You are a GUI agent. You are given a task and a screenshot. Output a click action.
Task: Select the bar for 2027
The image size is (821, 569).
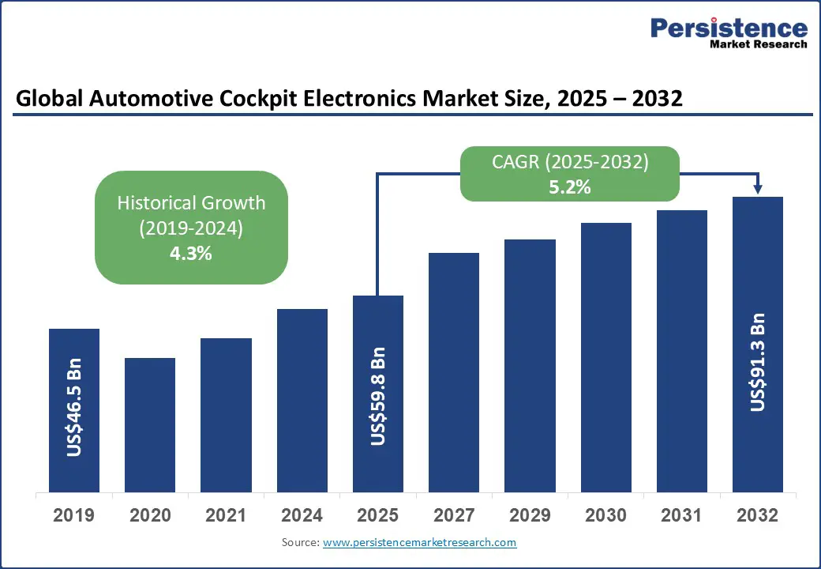click(454, 372)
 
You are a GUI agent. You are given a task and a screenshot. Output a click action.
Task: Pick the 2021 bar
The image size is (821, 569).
click(226, 415)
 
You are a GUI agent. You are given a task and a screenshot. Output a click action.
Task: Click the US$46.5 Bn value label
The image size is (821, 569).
click(74, 409)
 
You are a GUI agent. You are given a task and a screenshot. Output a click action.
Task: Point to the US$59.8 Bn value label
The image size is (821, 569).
click(378, 396)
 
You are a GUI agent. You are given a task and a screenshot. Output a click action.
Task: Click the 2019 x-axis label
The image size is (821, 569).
click(74, 516)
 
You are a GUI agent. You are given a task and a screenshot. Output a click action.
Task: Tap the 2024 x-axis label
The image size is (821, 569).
click(302, 516)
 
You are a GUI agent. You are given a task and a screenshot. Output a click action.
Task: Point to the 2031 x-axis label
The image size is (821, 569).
click(682, 516)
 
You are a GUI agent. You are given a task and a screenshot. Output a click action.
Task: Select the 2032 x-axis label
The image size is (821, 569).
click(758, 516)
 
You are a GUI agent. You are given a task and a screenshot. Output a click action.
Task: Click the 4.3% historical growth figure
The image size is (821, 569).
click(191, 254)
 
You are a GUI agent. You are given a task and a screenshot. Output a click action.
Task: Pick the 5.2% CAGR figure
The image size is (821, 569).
click(569, 188)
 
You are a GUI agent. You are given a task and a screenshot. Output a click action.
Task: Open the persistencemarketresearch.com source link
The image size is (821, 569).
click(419, 543)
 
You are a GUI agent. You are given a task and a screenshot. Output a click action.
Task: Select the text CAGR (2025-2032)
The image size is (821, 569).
click(569, 163)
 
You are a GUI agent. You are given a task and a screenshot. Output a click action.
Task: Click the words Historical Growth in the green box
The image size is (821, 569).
click(191, 202)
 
